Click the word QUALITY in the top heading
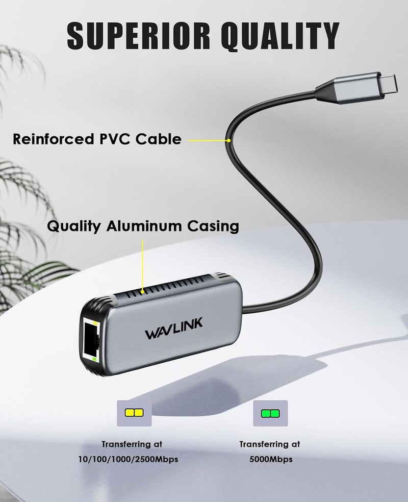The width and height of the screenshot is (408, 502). [272, 34]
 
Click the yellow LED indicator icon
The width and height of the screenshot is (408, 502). [134, 412]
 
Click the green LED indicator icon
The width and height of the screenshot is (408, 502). [270, 412]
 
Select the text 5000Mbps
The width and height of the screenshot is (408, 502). [270, 460]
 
